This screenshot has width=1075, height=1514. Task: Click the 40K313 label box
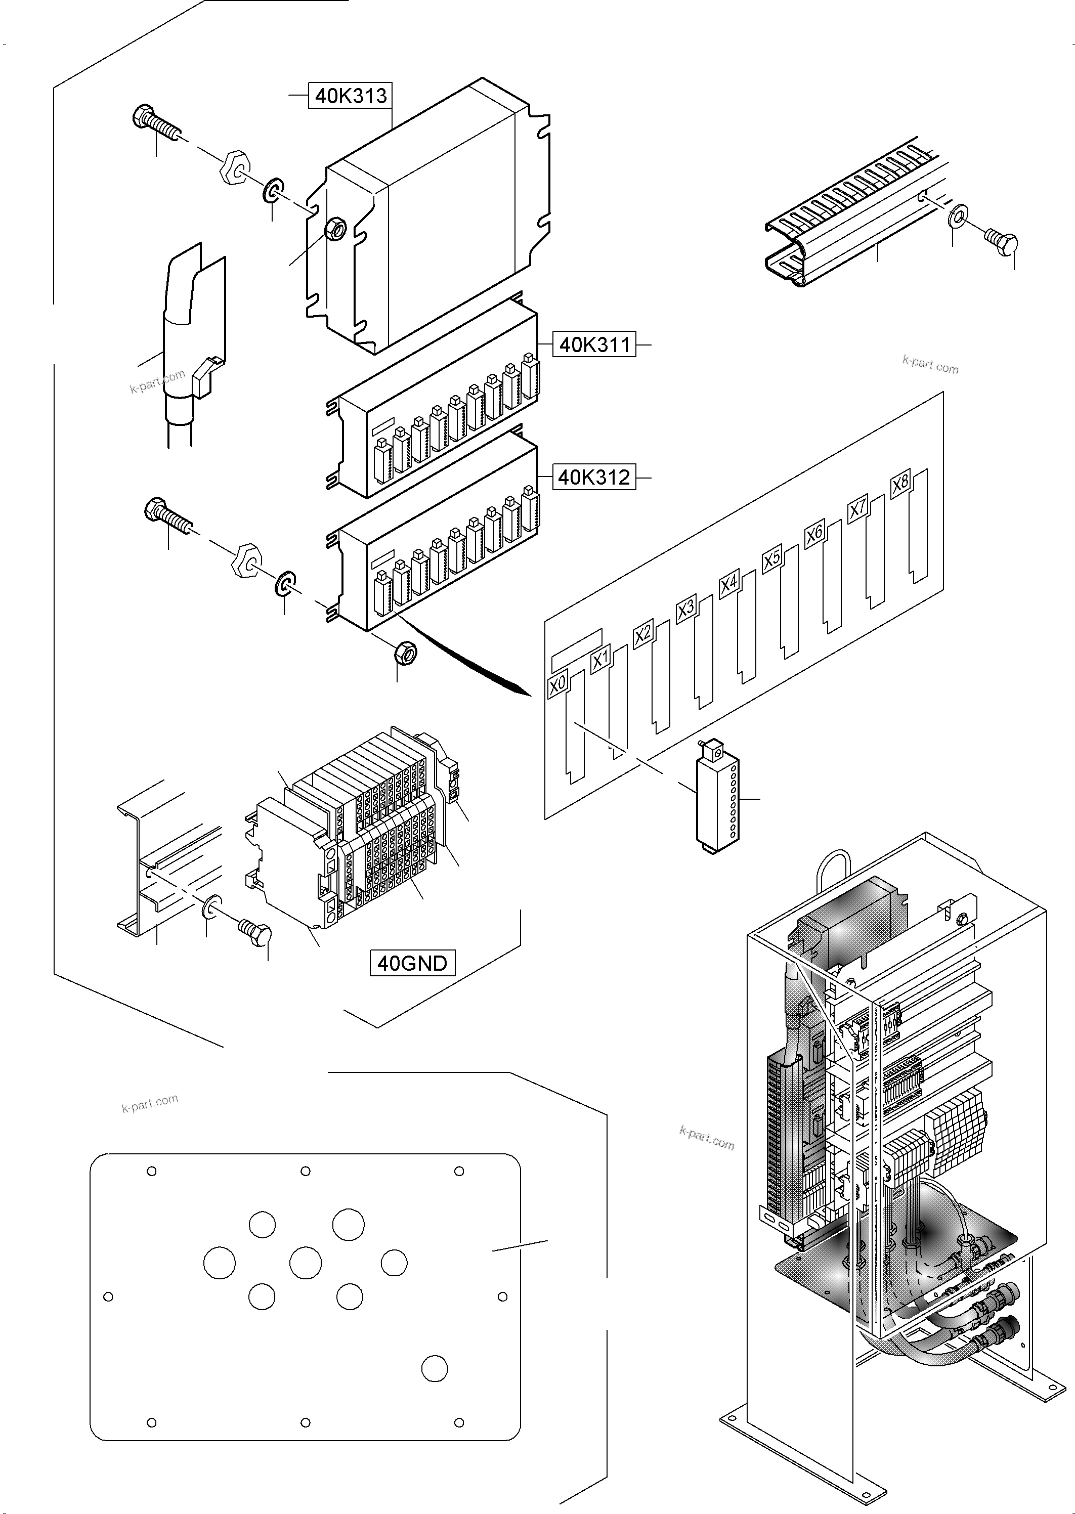[350, 96]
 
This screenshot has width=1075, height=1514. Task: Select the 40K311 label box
[594, 345]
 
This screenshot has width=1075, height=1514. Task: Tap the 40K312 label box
[594, 477]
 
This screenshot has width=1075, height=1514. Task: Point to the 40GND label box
[412, 963]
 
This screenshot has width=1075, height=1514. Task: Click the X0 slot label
[557, 684]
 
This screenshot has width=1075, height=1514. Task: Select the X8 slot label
[900, 484]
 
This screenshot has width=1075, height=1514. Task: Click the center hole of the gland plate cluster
[305, 1263]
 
